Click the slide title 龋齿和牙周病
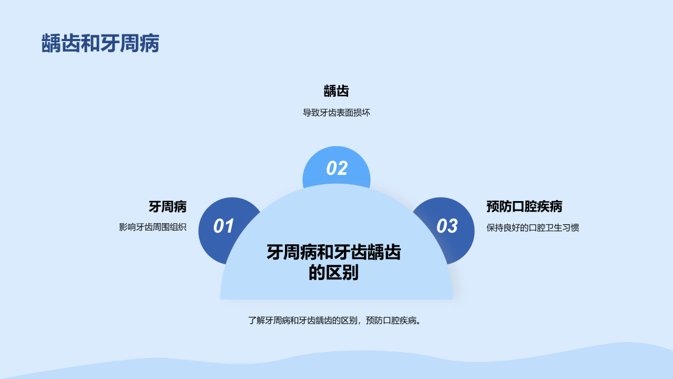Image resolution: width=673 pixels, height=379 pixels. [100, 43]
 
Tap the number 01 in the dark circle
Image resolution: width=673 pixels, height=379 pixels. [223, 226]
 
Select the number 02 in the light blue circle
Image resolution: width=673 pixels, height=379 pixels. [337, 168]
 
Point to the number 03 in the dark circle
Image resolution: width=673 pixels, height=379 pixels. [447, 226]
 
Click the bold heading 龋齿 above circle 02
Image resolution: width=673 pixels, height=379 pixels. [336, 91]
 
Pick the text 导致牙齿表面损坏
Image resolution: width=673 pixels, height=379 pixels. [336, 113]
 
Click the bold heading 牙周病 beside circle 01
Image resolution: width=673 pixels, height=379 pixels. [168, 207]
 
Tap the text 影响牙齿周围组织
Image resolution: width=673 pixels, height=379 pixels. [152, 227]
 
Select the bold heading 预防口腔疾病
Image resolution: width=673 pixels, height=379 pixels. [524, 207]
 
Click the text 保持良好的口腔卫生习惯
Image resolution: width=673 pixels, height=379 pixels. [533, 228]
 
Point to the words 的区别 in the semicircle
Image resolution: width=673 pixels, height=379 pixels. [334, 273]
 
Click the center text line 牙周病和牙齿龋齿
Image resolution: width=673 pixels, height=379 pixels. [334, 252]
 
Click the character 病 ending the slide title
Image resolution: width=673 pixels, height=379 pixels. [150, 43]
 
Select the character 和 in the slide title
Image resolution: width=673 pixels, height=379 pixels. [90, 43]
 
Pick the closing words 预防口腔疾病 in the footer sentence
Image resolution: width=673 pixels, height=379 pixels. [392, 321]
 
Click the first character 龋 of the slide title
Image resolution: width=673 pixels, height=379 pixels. [51, 43]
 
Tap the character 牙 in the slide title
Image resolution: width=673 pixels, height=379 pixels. [110, 43]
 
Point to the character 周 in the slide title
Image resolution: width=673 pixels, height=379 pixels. [130, 43]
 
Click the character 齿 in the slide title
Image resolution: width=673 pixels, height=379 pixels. [71, 43]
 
